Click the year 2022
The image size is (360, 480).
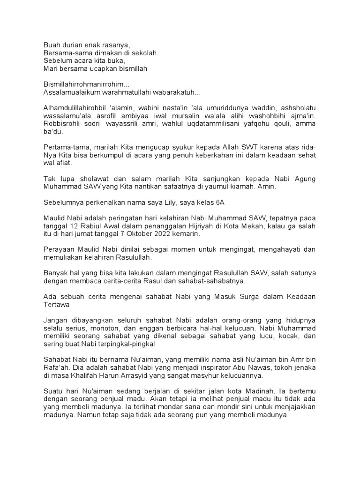tap(156, 235)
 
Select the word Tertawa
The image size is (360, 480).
tap(57, 306)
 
